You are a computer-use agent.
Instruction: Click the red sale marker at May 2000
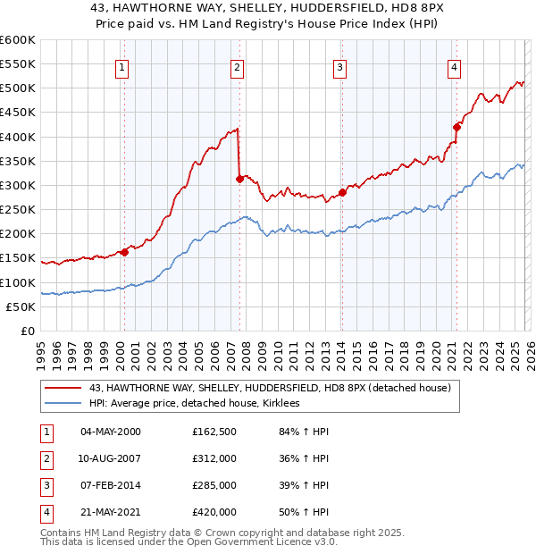(124, 252)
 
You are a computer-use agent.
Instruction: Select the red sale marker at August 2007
(239, 180)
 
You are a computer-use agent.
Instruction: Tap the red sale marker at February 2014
(342, 193)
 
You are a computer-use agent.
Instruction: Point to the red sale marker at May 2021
(456, 127)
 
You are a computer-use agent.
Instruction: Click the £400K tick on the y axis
(17, 137)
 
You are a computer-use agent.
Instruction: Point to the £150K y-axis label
(17, 258)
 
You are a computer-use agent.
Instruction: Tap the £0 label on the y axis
(26, 331)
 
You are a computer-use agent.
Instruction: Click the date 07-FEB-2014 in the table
(111, 486)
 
